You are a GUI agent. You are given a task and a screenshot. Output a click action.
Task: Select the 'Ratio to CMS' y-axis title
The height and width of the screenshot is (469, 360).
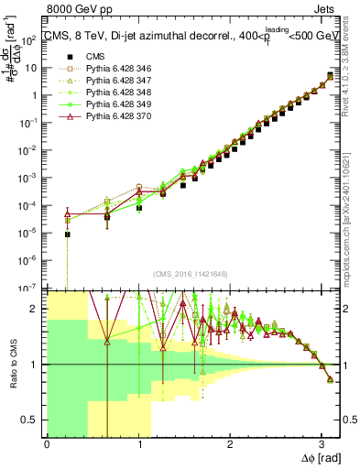click(x=13, y=364)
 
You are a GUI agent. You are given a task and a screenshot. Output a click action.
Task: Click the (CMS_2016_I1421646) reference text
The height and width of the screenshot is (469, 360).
click(x=191, y=273)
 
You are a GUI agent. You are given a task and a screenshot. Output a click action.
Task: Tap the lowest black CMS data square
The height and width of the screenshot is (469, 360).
click(x=67, y=234)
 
